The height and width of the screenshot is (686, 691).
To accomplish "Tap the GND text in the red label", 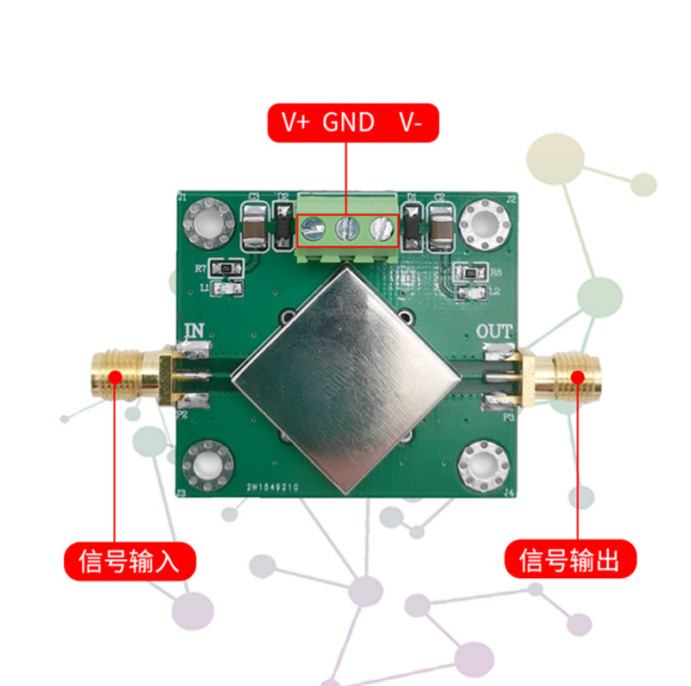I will tap(348, 123).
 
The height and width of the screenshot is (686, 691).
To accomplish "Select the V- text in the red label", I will tap(410, 123).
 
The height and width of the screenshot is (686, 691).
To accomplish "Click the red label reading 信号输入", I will tap(130, 562).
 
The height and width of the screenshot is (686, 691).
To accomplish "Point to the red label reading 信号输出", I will tap(570, 562).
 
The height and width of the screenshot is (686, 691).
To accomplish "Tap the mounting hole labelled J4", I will tap(481, 464).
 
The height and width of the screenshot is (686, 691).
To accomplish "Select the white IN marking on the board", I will tap(196, 330).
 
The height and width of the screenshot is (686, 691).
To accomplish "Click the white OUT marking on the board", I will tap(495, 330).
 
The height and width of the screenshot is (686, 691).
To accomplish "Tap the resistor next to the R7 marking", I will tap(227, 268).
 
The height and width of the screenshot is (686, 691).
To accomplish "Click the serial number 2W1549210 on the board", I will tap(273, 487).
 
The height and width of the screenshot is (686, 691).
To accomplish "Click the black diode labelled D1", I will tap(412, 227).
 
